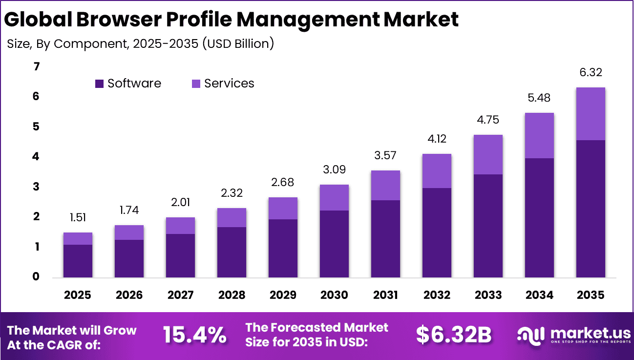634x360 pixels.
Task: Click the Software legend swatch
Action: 99,84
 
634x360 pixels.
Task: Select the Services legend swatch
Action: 196,84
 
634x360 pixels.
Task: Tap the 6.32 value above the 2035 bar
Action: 590,73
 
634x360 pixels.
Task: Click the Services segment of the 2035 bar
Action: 590,114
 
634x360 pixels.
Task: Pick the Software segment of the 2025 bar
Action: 78,261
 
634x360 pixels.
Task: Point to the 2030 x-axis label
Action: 334,295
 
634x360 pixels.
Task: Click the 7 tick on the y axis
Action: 36,66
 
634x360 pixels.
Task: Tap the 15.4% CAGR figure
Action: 194,335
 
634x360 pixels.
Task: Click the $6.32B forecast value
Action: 453,335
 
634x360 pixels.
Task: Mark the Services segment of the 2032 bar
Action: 437,171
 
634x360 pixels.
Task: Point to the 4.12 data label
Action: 437,139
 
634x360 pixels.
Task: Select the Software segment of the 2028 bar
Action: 232,252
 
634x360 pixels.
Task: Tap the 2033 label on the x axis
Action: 488,295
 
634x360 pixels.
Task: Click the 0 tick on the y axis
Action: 36,277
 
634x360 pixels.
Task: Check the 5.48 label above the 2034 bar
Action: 539,98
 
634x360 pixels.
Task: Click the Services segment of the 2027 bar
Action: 180,226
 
